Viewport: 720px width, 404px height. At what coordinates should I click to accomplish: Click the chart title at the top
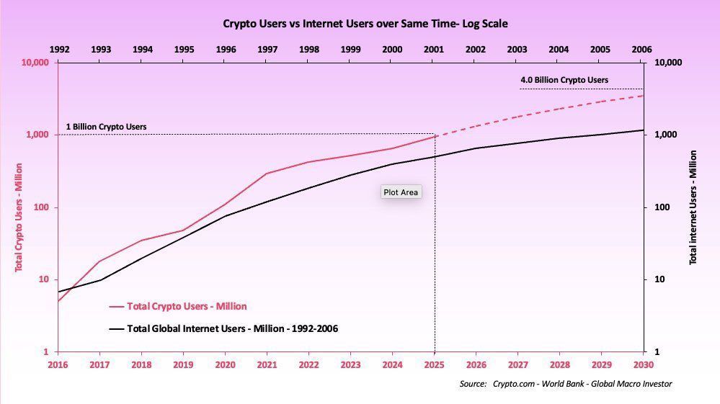coord(365,24)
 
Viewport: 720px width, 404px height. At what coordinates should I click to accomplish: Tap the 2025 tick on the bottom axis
coord(434,364)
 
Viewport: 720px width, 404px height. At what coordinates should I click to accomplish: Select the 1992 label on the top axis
coord(59,50)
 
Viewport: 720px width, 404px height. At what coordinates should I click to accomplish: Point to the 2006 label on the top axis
coord(641,50)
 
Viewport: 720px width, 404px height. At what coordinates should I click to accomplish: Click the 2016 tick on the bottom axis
coord(58,364)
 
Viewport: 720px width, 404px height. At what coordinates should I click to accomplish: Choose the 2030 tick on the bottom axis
coord(643,364)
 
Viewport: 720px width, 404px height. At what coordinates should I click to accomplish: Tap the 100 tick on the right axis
coord(662,207)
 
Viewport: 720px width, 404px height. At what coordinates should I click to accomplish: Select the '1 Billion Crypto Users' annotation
coord(106,127)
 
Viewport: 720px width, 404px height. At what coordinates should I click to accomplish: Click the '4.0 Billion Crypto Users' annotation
coord(564,80)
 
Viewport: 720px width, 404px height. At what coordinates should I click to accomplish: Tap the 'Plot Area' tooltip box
coord(401,192)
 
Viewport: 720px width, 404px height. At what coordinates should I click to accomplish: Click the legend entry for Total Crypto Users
coord(186,306)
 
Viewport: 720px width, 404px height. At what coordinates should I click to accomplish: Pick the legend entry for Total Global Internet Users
coord(232,328)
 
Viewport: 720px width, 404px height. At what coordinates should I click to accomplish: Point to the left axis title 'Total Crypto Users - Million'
coord(19,207)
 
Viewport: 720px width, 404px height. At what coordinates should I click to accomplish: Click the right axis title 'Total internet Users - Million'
coord(693,207)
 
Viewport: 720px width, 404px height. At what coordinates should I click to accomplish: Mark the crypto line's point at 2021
coord(267,174)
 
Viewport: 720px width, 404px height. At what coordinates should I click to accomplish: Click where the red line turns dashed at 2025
coord(435,136)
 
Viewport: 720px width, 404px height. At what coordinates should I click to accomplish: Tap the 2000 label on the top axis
coord(392,50)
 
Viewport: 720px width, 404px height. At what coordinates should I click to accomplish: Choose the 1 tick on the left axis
coord(45,352)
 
